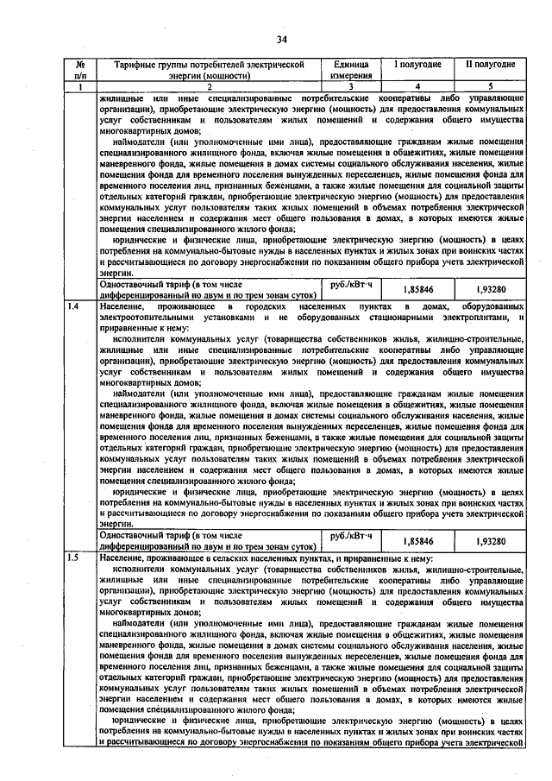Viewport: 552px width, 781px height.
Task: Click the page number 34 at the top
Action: pos(281,40)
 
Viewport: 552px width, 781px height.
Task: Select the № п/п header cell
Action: pos(79,70)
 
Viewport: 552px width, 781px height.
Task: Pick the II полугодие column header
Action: pos(491,65)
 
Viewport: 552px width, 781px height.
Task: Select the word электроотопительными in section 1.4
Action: pos(145,318)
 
